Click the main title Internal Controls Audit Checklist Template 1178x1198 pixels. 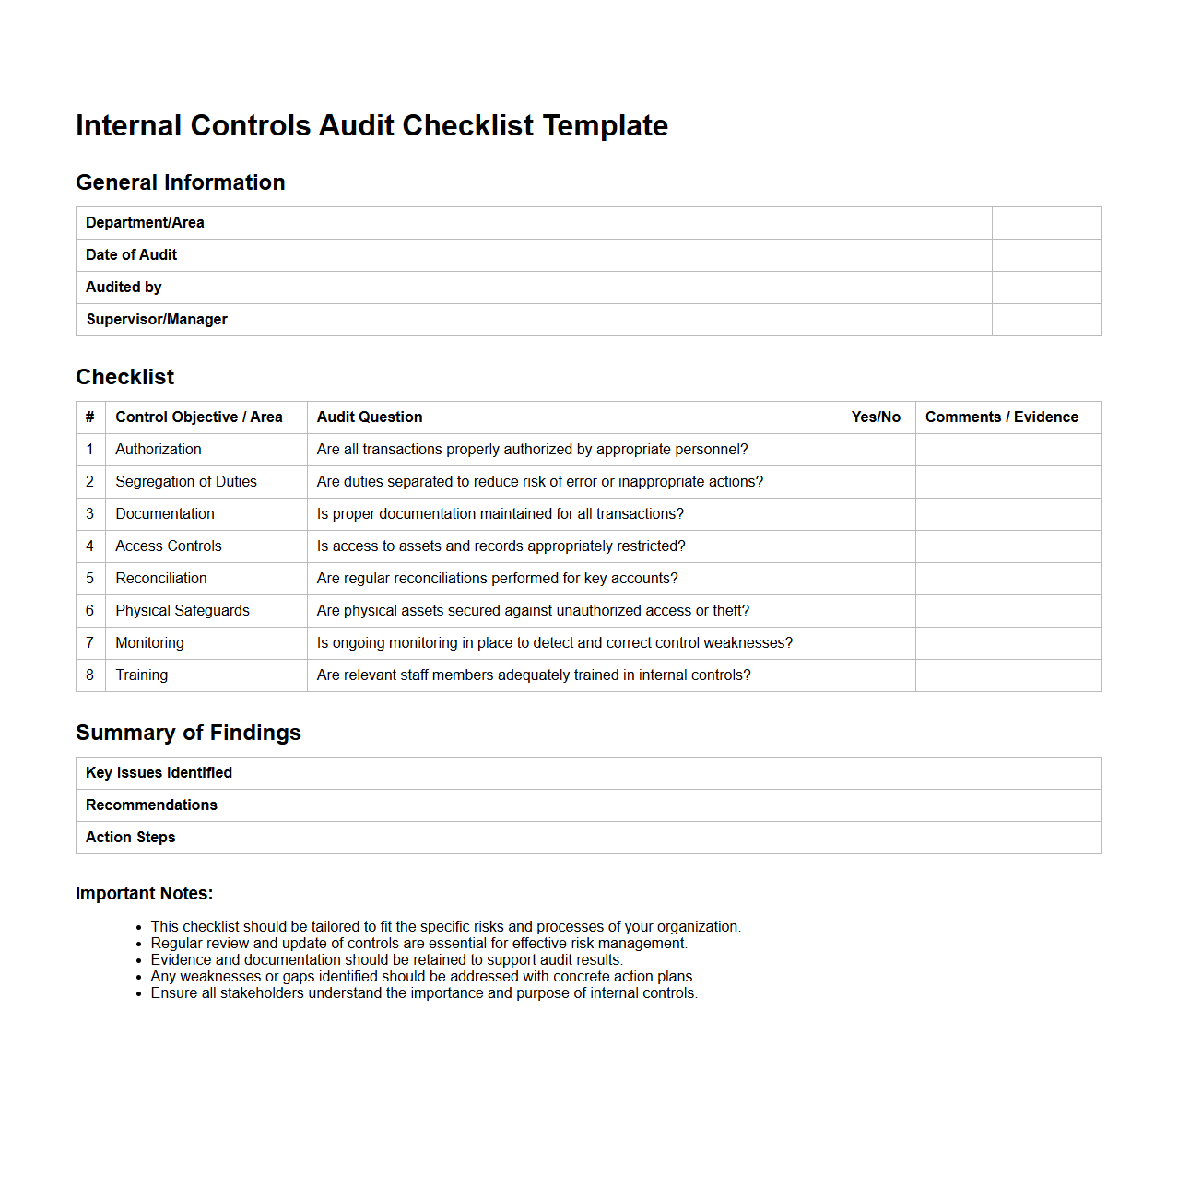[x=371, y=125]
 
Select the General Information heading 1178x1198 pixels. [x=181, y=182]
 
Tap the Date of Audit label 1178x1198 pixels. [x=131, y=255]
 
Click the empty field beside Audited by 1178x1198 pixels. [x=1046, y=288]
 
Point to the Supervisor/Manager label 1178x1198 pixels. [x=157, y=320]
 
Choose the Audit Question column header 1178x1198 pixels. [x=370, y=417]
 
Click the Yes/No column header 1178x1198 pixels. [x=876, y=417]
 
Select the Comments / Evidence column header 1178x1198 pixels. [x=1001, y=417]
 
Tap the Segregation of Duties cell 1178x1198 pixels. [x=186, y=482]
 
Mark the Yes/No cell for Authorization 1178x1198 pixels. [x=878, y=450]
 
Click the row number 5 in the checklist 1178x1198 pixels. [x=90, y=579]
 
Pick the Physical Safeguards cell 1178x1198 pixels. [x=183, y=611]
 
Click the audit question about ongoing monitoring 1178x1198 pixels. [x=554, y=643]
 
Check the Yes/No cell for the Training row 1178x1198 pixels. [x=878, y=675]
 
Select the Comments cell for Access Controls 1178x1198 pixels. [x=1007, y=546]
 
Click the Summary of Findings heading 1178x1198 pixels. [x=188, y=733]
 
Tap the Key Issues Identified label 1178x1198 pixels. [x=159, y=773]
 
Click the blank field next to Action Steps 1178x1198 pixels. [x=1047, y=838]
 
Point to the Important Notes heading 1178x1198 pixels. [x=144, y=893]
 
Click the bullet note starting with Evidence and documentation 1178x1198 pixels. [x=386, y=960]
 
